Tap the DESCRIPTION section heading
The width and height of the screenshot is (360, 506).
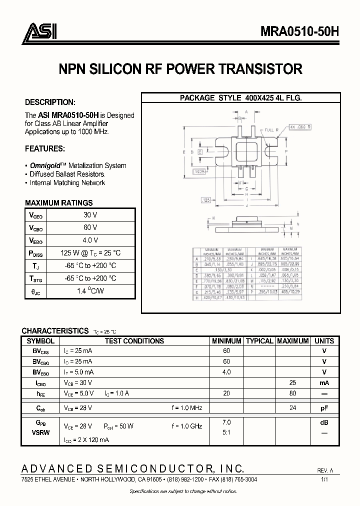(50, 102)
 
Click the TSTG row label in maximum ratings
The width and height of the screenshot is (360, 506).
(36, 279)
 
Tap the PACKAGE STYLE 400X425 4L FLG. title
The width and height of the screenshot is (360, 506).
(240, 98)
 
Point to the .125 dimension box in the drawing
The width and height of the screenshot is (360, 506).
(205, 200)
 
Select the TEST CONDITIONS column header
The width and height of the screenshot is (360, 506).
(134, 341)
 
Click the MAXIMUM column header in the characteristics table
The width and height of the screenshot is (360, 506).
(292, 341)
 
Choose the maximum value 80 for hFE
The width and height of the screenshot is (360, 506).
(292, 393)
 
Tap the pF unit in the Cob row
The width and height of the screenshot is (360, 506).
(324, 408)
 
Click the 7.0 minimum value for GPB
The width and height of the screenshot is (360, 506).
(226, 422)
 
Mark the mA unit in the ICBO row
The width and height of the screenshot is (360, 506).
(324, 383)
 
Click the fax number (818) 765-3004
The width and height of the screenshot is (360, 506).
(239, 479)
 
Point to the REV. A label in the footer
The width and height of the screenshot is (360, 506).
(325, 471)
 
